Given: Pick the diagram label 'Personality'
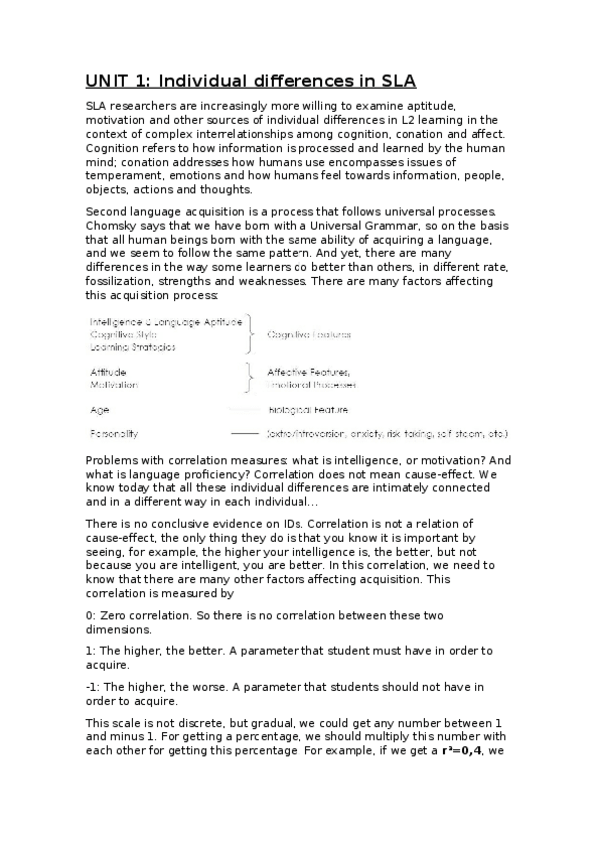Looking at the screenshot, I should pos(115,434).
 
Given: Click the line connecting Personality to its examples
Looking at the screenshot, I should pos(244,434).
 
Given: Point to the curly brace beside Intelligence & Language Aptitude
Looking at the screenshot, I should pos(252,334).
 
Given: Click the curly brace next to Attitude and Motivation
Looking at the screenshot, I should pos(252,377).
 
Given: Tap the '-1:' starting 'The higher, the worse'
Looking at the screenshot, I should pos(94,687).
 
